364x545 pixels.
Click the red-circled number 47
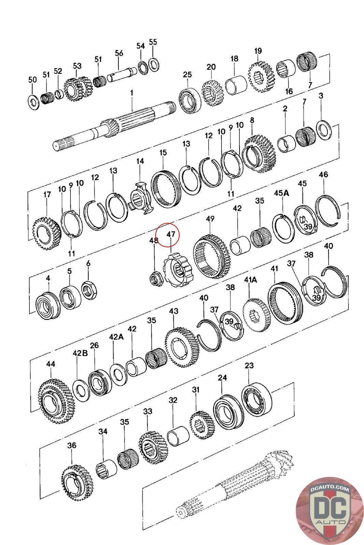170,234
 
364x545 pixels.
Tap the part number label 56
119,53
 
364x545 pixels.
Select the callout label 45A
281,193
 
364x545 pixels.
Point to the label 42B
80,353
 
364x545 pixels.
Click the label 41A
250,280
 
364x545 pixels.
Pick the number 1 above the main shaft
132,93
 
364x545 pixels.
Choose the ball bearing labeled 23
257,400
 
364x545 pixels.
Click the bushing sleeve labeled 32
179,436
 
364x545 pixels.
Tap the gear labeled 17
46,233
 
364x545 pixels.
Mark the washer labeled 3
324,130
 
